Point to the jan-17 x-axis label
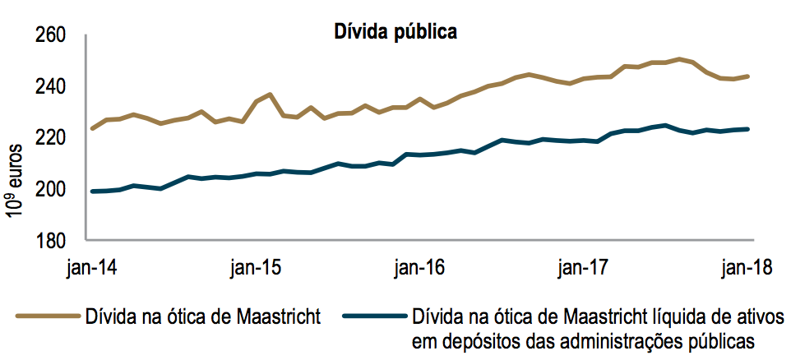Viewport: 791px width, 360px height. pos(582,268)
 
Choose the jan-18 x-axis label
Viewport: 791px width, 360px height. pos(745,268)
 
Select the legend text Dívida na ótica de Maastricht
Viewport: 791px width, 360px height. pos(201,317)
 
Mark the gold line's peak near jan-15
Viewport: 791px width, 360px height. pos(270,95)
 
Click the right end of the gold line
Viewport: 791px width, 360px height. pos(747,76)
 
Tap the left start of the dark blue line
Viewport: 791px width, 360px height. pos(92,192)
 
